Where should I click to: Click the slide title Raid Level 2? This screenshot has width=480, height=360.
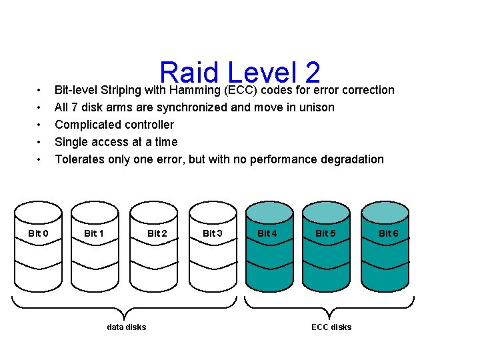click(x=240, y=74)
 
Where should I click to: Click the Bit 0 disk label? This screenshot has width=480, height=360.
click(x=38, y=233)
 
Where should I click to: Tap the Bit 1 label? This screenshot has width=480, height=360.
click(x=94, y=233)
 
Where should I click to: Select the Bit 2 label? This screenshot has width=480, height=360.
click(x=157, y=233)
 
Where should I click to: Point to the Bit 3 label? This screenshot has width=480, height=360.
click(x=213, y=233)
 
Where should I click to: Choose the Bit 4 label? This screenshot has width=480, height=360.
click(x=267, y=233)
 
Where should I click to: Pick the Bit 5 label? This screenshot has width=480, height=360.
click(x=325, y=233)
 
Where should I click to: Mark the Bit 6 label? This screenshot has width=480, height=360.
click(x=388, y=233)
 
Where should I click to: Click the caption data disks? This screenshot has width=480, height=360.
click(x=126, y=327)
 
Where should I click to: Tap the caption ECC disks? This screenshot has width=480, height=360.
click(x=331, y=327)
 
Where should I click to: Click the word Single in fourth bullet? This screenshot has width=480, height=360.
click(x=71, y=142)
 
